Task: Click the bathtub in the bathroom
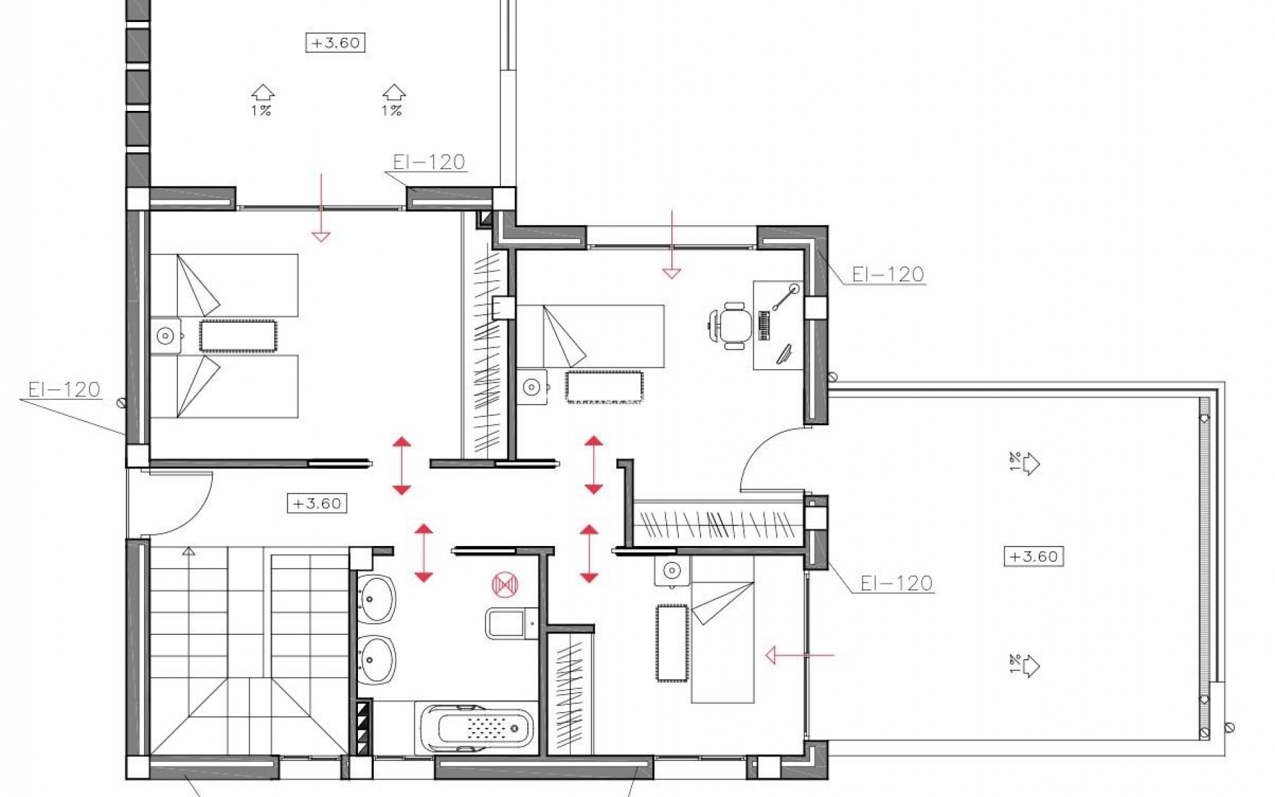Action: point(477,727)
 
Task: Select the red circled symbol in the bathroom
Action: point(505,584)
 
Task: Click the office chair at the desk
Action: point(732,324)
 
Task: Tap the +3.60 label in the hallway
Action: point(317,503)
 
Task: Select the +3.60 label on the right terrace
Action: point(1033,556)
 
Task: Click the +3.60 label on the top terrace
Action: point(335,43)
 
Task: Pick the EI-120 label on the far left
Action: point(64,389)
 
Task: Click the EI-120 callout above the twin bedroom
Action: point(428,162)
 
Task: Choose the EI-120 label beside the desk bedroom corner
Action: point(888,274)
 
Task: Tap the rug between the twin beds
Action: point(238,335)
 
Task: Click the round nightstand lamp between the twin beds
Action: point(165,336)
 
